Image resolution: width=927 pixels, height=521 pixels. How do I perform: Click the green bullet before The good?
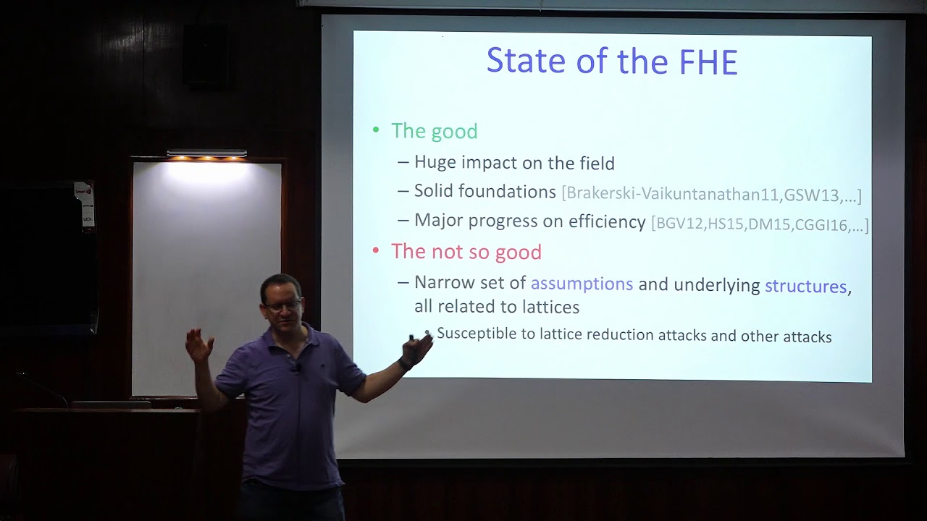tap(376, 130)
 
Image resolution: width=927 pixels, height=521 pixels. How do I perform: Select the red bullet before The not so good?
tap(376, 250)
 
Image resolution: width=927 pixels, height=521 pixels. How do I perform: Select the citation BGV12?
tap(679, 224)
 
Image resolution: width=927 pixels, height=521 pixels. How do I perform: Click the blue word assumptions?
tap(582, 284)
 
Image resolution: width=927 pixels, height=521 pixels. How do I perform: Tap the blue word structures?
tap(805, 286)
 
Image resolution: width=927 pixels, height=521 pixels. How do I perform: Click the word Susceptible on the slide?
tap(476, 334)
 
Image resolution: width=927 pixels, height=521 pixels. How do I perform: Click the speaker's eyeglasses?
tap(282, 306)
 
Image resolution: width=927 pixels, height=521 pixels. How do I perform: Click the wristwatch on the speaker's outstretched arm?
tap(405, 364)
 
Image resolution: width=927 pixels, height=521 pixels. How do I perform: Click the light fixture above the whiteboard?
tap(206, 154)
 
